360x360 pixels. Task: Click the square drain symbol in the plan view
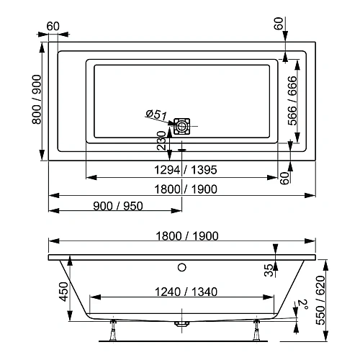(x=182, y=126)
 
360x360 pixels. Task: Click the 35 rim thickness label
(x=268, y=270)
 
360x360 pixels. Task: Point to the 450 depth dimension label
(x=63, y=292)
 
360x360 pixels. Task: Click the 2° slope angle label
(x=302, y=305)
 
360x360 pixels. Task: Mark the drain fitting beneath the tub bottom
(x=182, y=325)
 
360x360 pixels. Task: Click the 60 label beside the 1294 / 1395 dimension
(x=284, y=176)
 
